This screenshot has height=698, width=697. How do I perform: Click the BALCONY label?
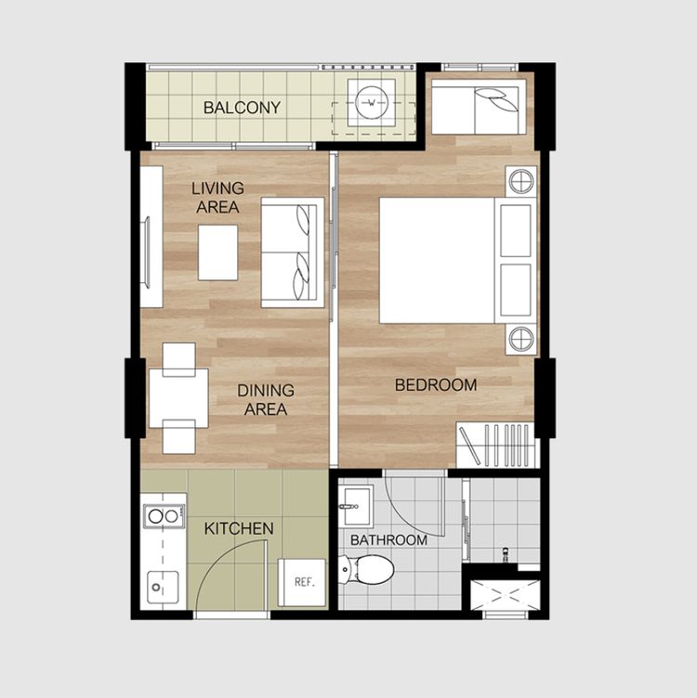[x=242, y=108]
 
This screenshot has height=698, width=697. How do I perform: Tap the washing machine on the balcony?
[x=372, y=103]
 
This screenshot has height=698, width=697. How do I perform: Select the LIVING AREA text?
[x=217, y=198]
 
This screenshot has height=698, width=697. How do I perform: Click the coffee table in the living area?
[x=217, y=252]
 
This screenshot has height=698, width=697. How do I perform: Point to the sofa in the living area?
[x=293, y=252]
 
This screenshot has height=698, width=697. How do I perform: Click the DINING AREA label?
[x=266, y=400]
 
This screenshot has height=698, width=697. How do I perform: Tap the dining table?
[x=178, y=398]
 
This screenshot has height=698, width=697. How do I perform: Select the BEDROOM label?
[x=436, y=385]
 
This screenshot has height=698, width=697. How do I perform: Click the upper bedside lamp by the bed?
[x=521, y=182]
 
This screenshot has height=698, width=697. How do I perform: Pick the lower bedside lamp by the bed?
[x=521, y=339]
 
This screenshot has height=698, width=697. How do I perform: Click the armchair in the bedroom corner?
[x=476, y=110]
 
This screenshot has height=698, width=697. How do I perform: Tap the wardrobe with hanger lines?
[x=495, y=445]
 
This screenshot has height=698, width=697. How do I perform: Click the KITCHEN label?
[x=239, y=529]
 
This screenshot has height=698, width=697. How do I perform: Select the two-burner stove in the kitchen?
[x=164, y=516]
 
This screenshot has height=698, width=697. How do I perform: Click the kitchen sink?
[x=163, y=588]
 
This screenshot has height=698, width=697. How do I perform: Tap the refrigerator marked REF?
[x=302, y=582]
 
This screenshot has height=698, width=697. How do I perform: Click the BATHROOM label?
[x=388, y=540]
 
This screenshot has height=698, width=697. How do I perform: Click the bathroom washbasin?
[x=356, y=506]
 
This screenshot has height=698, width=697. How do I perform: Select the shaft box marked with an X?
[x=506, y=595]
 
